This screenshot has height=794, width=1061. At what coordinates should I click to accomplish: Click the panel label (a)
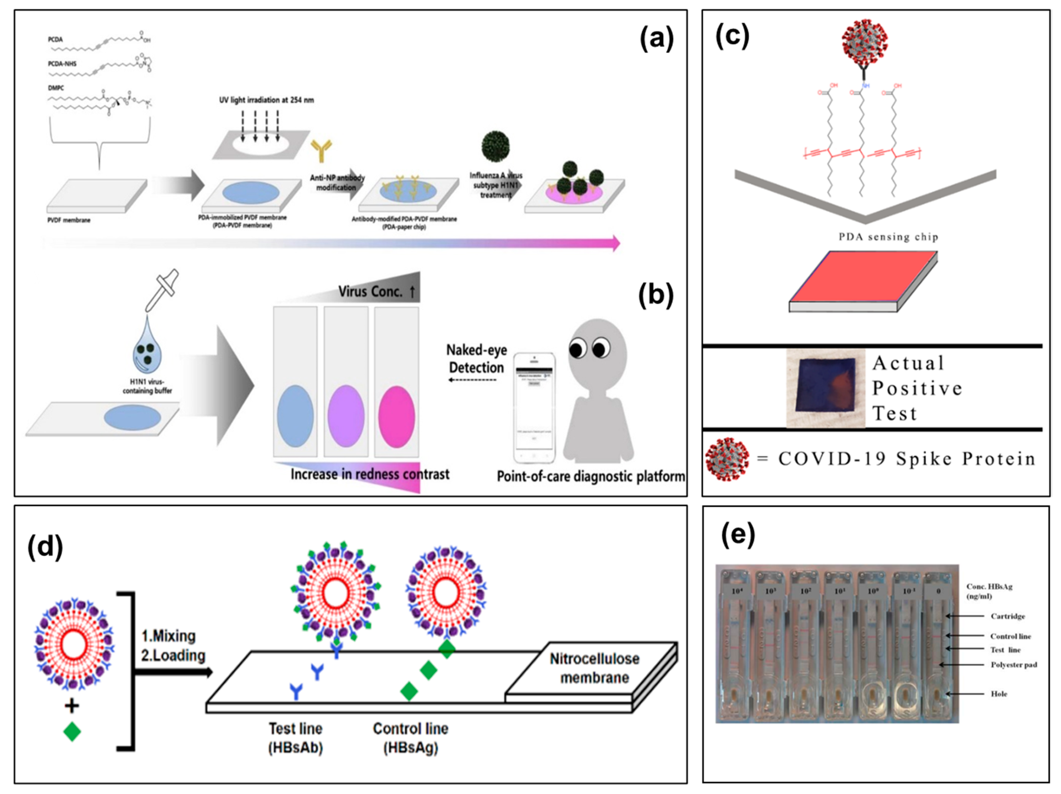pyautogui.click(x=657, y=39)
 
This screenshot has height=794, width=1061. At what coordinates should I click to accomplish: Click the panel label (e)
pyautogui.click(x=738, y=535)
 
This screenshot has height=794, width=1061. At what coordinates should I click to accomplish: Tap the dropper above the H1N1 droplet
pyautogui.click(x=161, y=290)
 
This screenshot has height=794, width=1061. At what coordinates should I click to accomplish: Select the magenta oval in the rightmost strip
pyautogui.click(x=396, y=416)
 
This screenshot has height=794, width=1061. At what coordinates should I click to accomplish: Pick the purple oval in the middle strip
pyautogui.click(x=346, y=416)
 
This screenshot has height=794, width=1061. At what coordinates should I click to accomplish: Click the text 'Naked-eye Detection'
pyautogui.click(x=476, y=359)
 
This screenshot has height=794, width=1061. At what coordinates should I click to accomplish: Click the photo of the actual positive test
pyautogui.click(x=825, y=388)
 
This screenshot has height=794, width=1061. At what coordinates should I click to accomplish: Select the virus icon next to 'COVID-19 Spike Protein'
pyautogui.click(x=727, y=458)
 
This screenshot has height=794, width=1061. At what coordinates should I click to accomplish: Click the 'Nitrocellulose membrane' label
pyautogui.click(x=594, y=668)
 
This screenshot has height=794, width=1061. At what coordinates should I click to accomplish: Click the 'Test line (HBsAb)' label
pyautogui.click(x=296, y=738)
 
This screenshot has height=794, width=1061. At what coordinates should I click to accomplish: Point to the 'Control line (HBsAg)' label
pyautogui.click(x=411, y=738)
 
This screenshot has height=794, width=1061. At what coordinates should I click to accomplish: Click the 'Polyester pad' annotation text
pyautogui.click(x=1014, y=665)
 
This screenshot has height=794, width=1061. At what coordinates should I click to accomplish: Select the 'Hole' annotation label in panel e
pyautogui.click(x=999, y=694)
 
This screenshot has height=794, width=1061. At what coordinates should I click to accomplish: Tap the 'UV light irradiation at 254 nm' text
pyautogui.click(x=266, y=100)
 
